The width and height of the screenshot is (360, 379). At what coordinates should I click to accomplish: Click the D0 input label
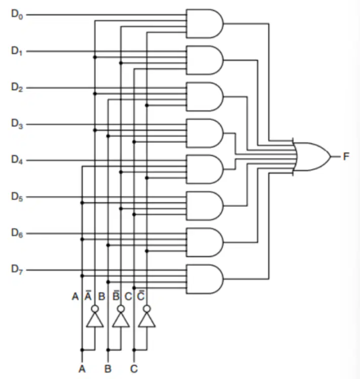17,14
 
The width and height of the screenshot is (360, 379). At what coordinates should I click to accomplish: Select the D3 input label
17,124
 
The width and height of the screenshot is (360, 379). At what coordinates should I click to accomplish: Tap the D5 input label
17,197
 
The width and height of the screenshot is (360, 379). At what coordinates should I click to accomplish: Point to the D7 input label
17,270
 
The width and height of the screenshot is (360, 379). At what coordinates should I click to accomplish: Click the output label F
346,157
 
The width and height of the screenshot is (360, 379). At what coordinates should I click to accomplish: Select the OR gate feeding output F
312,157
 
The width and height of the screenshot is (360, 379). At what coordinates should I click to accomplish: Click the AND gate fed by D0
205,24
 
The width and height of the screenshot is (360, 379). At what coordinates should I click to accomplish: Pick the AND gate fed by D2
205,97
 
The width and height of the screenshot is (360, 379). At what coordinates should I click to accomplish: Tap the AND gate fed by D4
205,169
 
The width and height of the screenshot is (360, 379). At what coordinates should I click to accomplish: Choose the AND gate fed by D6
205,242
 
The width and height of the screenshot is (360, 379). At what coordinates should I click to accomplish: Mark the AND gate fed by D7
205,279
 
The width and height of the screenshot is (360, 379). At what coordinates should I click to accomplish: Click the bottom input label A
82,369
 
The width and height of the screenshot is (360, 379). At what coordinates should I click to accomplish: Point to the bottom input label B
108,369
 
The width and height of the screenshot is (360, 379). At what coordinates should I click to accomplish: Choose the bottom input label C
134,369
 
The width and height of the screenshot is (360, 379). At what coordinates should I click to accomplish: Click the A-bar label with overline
88,295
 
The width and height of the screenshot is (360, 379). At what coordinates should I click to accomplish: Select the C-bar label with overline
141,295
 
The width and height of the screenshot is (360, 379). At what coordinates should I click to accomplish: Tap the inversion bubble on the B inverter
121,309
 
